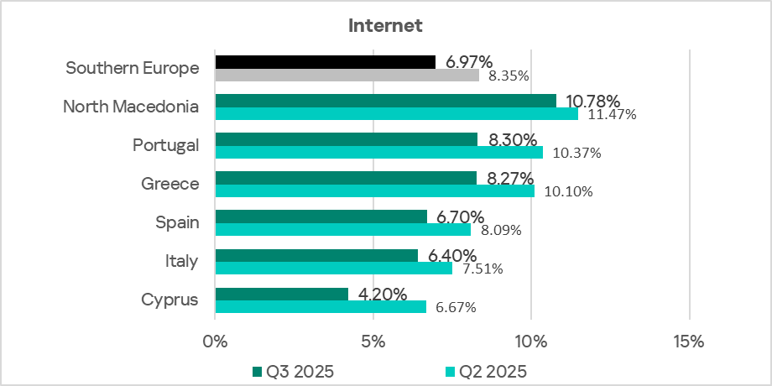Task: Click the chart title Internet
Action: (x=385, y=25)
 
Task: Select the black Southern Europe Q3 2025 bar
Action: (x=326, y=62)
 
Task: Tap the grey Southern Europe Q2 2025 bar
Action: (x=347, y=76)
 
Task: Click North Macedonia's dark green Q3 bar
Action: (x=386, y=101)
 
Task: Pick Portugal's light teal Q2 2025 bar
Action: (x=379, y=153)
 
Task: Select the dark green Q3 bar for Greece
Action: (x=346, y=178)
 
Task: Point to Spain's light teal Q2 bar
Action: (x=343, y=229)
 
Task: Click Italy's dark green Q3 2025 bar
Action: (x=316, y=255)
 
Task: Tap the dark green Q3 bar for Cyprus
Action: (x=282, y=294)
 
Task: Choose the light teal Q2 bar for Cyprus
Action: (x=321, y=307)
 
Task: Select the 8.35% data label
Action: (x=509, y=76)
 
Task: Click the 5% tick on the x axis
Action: (x=373, y=342)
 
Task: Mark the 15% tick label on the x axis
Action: (x=689, y=342)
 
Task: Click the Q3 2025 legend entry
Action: (x=294, y=371)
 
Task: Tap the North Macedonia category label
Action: (x=131, y=107)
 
